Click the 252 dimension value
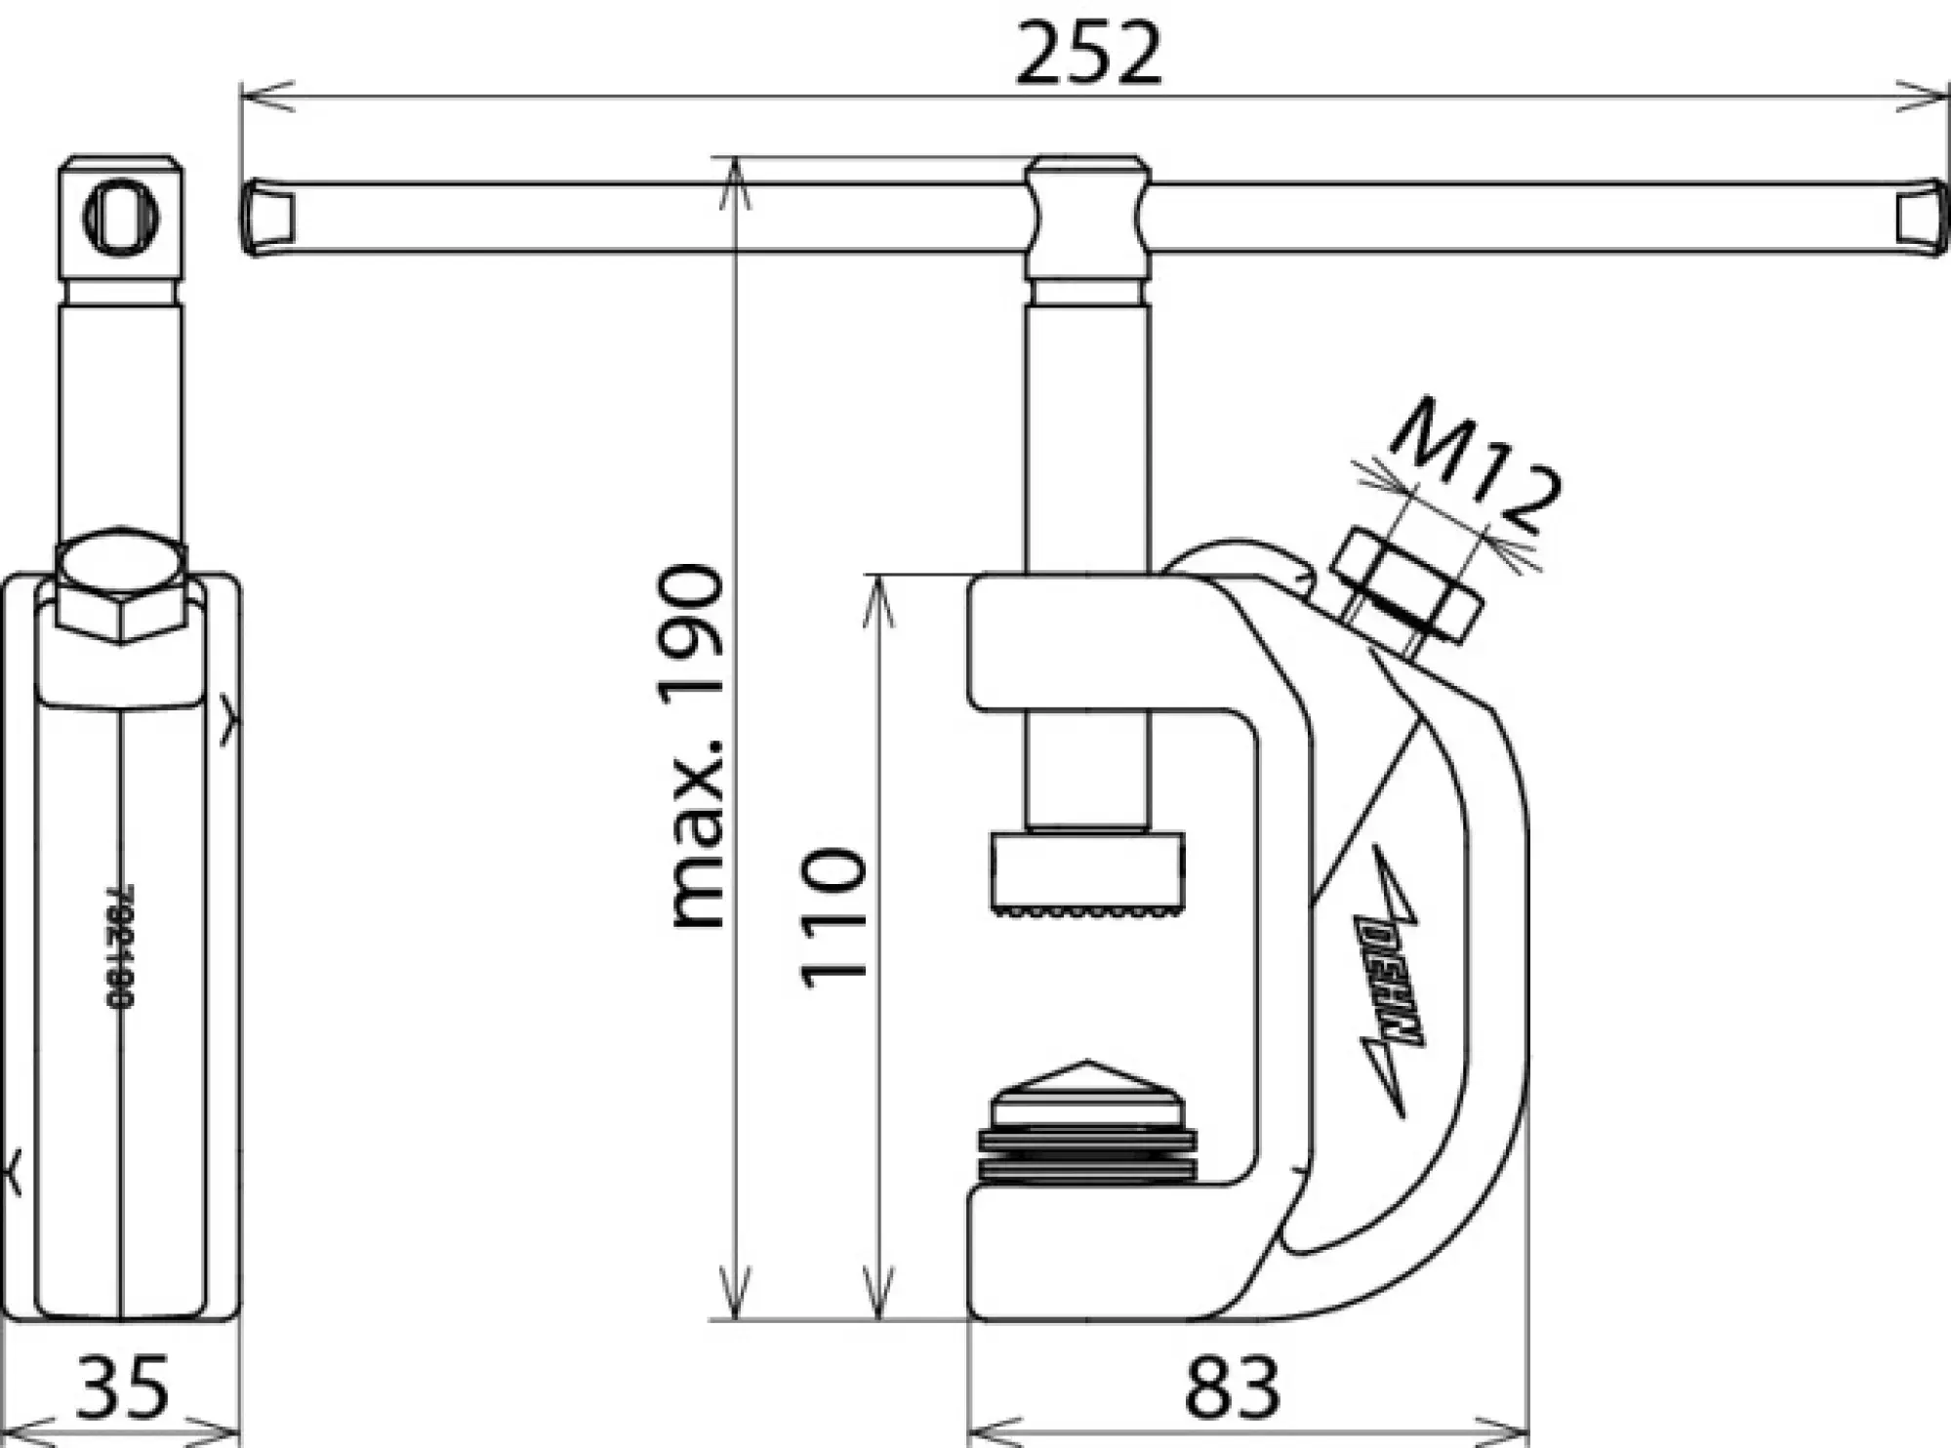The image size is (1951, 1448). pyautogui.click(x=1088, y=54)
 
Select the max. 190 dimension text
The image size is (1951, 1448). pyautogui.click(x=696, y=746)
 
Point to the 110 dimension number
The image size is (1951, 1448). pyautogui.click(x=833, y=918)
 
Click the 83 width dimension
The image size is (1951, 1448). pyautogui.click(x=1232, y=1387)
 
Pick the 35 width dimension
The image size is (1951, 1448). pyautogui.click(x=123, y=1387)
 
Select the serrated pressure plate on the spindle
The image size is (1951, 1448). pyautogui.click(x=1087, y=872)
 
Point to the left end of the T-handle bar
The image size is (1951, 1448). pyautogui.click(x=268, y=218)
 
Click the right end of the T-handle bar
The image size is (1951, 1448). pyautogui.click(x=1921, y=218)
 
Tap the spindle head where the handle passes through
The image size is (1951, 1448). pyautogui.click(x=1087, y=220)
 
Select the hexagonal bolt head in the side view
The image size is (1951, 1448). pyautogui.click(x=120, y=585)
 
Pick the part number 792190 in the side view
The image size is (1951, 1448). pyautogui.click(x=119, y=946)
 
